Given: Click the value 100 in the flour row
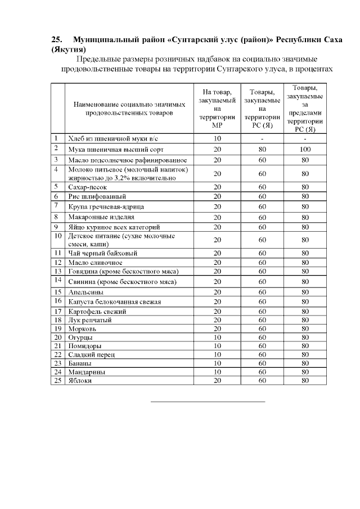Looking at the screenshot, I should pyautogui.click(x=305, y=149).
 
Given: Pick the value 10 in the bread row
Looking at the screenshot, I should pyautogui.click(x=217, y=138).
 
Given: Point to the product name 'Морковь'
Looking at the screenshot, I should pyautogui.click(x=82, y=328).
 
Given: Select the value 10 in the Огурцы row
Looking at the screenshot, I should pyautogui.click(x=217, y=337).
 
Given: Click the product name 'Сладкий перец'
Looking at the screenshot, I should pyautogui.click(x=89, y=355).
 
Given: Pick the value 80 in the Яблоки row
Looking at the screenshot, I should pyautogui.click(x=305, y=381).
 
